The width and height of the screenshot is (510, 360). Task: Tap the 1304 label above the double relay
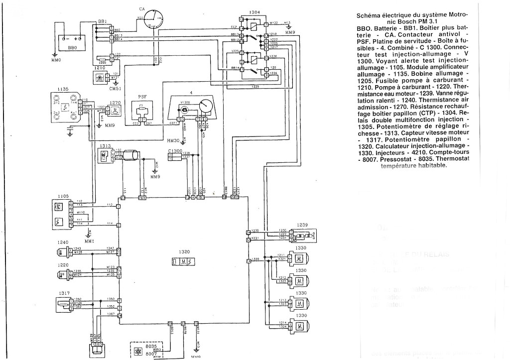(x=254, y=12)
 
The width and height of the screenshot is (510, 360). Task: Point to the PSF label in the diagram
(x=143, y=97)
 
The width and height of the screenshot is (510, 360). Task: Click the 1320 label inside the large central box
(x=184, y=252)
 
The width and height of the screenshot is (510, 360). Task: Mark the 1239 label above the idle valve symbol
(x=302, y=225)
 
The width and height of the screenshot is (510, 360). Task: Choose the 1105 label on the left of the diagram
(x=63, y=196)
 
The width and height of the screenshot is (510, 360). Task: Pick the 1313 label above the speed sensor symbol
(x=105, y=145)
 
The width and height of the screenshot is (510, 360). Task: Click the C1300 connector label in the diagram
(x=176, y=150)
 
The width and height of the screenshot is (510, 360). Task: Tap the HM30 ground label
(x=173, y=140)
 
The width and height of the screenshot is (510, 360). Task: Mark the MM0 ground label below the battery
(x=56, y=60)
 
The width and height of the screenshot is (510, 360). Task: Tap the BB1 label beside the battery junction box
(x=103, y=21)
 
